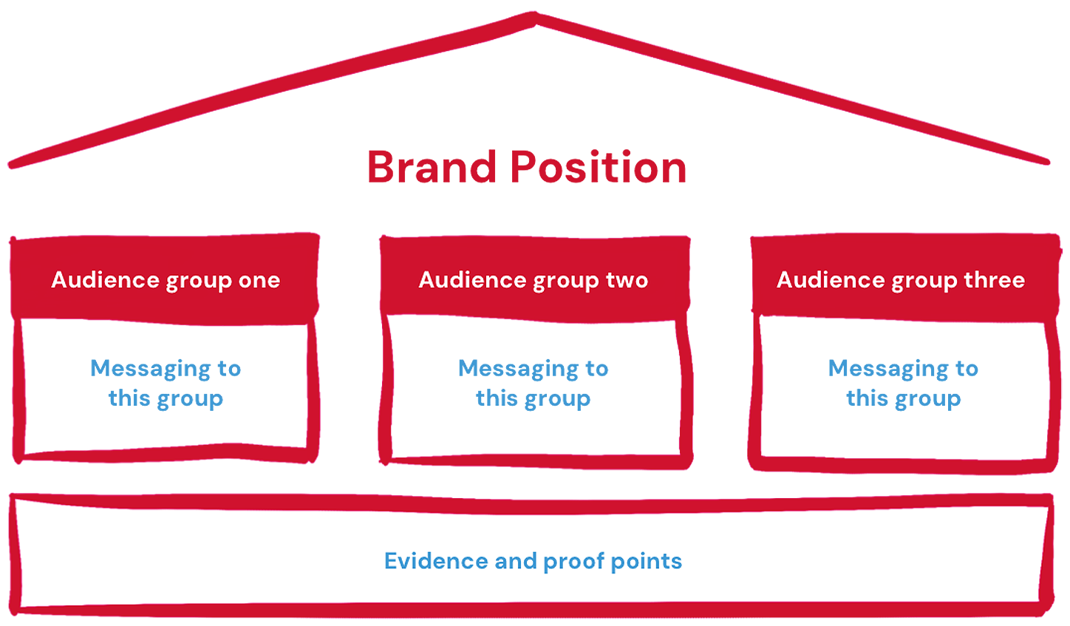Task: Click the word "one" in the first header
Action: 259,281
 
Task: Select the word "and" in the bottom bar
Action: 516,562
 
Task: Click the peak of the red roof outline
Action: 535,18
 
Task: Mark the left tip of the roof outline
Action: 13,160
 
